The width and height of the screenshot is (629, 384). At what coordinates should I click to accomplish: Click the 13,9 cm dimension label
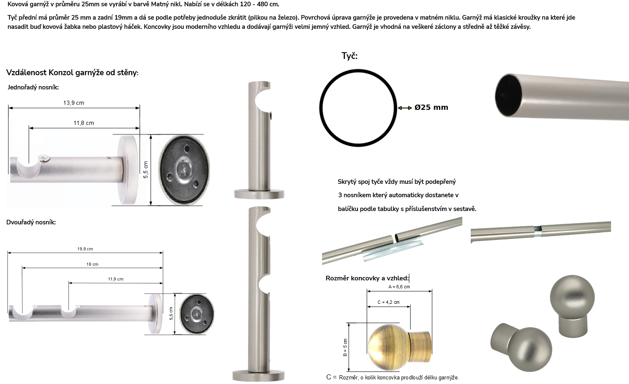pyautogui.click(x=74, y=103)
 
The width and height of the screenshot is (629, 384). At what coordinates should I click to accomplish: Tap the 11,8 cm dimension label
pyautogui.click(x=84, y=123)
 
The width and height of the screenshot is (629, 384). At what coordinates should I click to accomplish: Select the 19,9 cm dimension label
pyautogui.click(x=85, y=249)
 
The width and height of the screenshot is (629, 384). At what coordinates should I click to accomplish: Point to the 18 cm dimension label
pyautogui.click(x=92, y=264)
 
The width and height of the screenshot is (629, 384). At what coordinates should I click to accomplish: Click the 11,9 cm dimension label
pyautogui.click(x=116, y=279)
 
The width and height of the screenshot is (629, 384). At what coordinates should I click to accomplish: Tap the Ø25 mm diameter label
pyautogui.click(x=431, y=107)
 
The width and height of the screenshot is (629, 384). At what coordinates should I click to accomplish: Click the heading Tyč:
pyautogui.click(x=350, y=56)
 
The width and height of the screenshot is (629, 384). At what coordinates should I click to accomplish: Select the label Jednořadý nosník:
pyautogui.click(x=33, y=87)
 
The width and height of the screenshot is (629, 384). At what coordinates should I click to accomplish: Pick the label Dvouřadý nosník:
pyautogui.click(x=31, y=222)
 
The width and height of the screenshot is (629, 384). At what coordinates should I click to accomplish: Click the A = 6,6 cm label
pyautogui.click(x=399, y=287)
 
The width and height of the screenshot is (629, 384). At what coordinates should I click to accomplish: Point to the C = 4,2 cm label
pyautogui.click(x=388, y=302)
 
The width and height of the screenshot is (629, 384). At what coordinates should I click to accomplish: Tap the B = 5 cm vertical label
pyautogui.click(x=345, y=348)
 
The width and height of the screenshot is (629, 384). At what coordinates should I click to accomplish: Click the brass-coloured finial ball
pyautogui.click(x=389, y=347)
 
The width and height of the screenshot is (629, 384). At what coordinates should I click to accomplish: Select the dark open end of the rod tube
pyautogui.click(x=508, y=96)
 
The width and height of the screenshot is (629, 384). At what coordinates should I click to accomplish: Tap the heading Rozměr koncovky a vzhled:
pyautogui.click(x=367, y=278)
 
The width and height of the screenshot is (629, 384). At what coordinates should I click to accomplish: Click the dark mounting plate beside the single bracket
pyautogui.click(x=184, y=170)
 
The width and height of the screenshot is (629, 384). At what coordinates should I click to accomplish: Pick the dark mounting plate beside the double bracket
pyautogui.click(x=197, y=314)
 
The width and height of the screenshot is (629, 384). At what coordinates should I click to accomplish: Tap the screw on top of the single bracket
pyautogui.click(x=44, y=159)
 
